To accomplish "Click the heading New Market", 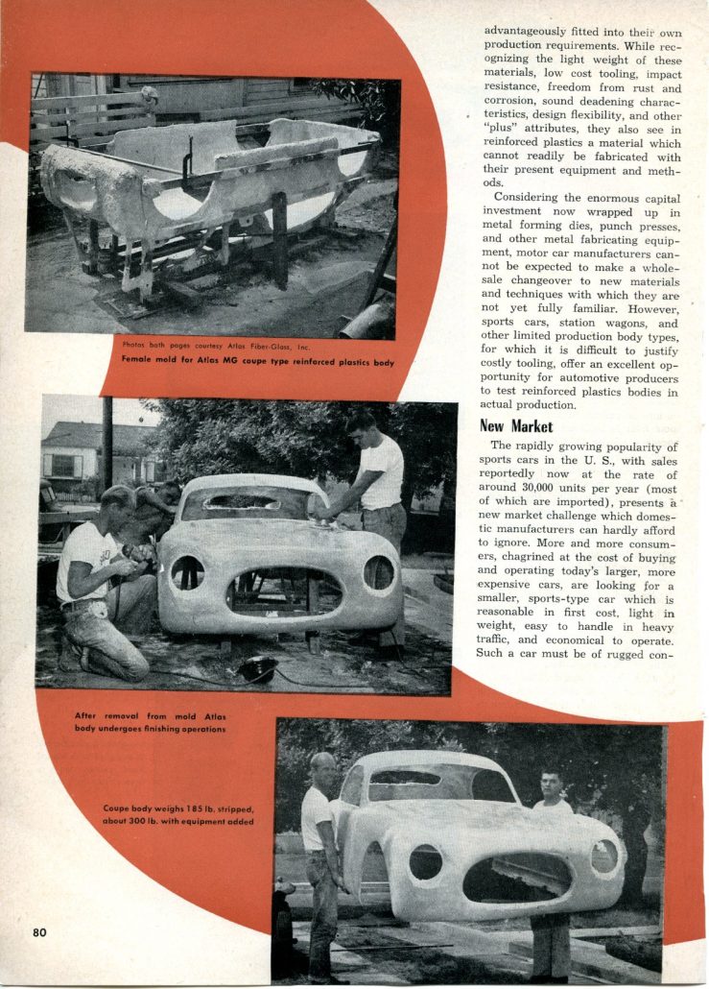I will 519,425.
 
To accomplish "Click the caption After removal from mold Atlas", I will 150,722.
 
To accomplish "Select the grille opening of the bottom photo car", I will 518,877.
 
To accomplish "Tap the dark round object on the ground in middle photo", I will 258,668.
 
